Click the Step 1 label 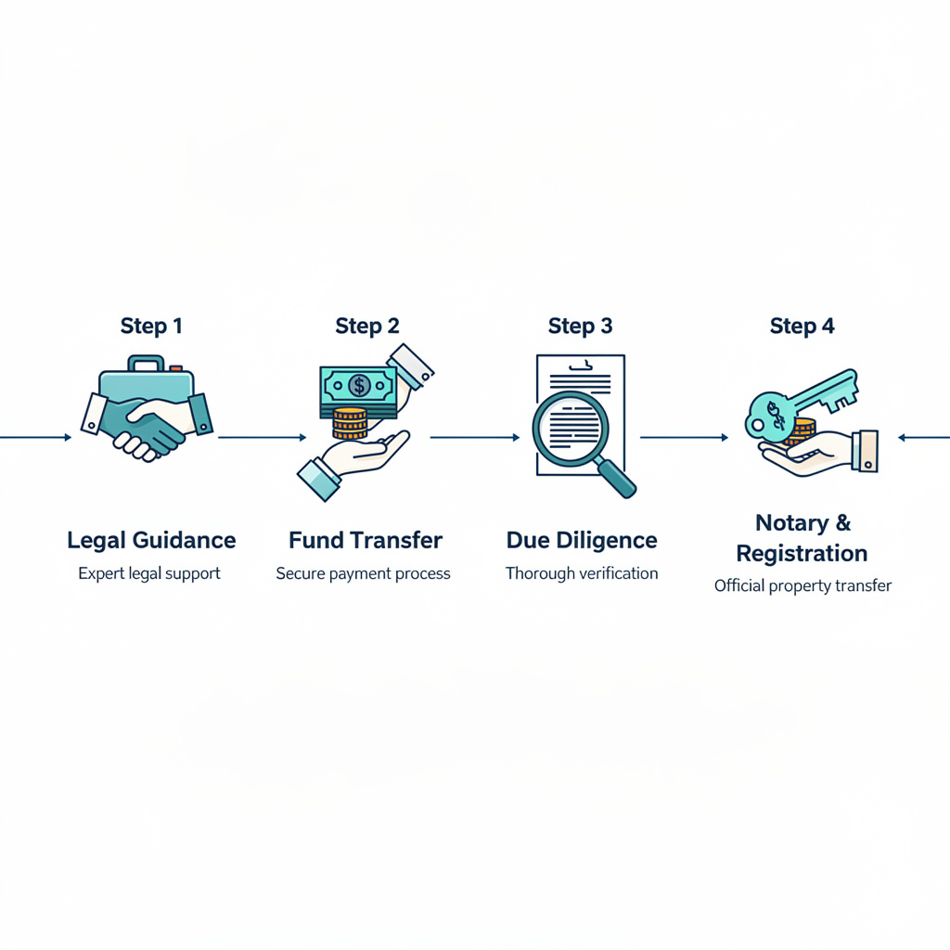click(151, 327)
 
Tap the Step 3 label click(580, 327)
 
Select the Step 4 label click(802, 327)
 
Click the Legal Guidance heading click(151, 540)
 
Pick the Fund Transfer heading click(366, 540)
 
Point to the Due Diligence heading click(582, 540)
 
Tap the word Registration click(802, 554)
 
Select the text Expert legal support click(149, 573)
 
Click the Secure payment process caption click(363, 573)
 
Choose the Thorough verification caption click(582, 573)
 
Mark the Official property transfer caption click(802, 586)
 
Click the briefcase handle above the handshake click(146, 362)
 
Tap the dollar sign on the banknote click(359, 385)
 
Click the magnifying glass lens click(571, 428)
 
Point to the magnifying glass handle click(617, 479)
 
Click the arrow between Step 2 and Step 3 click(474, 437)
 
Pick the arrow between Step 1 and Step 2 click(262, 437)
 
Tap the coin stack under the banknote click(350, 424)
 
